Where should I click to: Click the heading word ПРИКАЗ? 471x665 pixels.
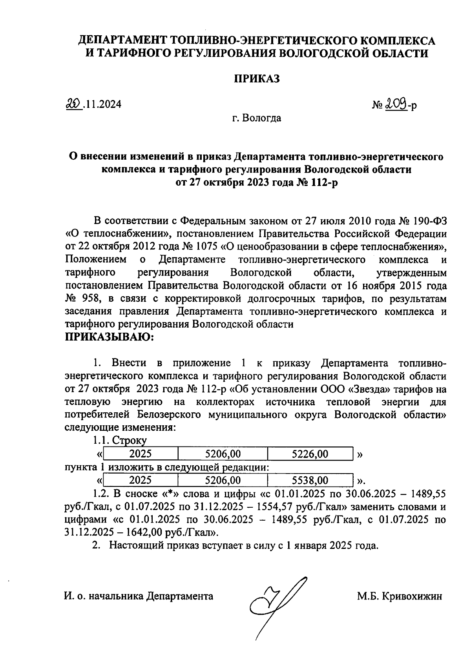(257, 79)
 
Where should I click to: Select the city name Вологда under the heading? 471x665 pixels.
(262, 118)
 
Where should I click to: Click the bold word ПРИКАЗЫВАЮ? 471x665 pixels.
(110, 337)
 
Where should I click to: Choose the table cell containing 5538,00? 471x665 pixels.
(310, 480)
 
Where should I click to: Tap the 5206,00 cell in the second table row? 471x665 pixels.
(223, 480)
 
